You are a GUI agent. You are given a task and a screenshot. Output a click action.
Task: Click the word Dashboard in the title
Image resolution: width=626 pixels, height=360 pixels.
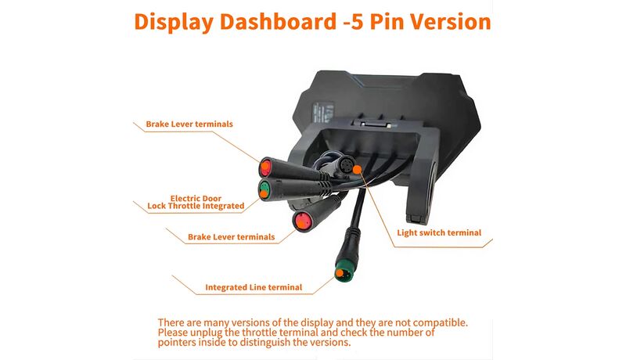[278, 22]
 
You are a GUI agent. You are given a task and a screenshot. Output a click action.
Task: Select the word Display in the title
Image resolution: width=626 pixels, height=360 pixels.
[174, 23]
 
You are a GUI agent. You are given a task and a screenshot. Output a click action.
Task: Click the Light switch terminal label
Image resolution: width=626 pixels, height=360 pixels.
[439, 232]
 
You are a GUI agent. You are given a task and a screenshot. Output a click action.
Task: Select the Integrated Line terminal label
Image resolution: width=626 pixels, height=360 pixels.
[254, 287]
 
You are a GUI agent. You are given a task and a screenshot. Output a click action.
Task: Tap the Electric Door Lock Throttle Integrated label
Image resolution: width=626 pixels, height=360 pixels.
[196, 202]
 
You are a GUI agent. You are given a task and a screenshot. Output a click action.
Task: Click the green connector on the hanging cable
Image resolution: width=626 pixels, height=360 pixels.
[344, 271]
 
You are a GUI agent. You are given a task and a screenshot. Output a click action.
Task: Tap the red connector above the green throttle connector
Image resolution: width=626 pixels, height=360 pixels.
[266, 167]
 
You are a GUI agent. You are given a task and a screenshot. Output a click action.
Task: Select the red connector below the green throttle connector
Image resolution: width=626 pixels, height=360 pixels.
[302, 221]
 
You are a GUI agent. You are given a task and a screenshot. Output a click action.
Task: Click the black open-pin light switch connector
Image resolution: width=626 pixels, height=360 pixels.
[347, 164]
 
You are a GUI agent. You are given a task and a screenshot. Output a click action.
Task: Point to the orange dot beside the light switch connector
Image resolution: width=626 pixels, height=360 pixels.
[358, 170]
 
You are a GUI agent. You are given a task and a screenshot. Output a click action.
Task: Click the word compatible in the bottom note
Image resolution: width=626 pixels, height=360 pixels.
[440, 322]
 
